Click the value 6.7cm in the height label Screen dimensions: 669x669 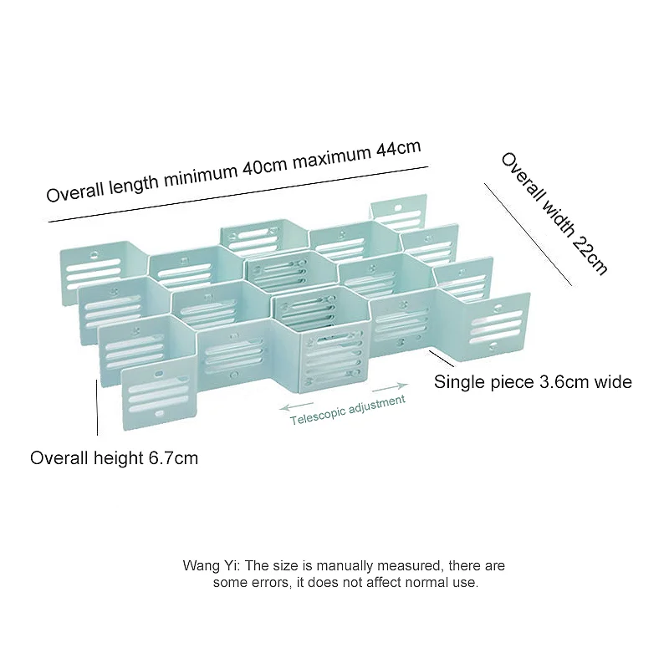[x=173, y=458]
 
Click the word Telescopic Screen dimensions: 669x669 [x=317, y=416]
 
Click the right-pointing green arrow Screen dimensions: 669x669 [x=391, y=387]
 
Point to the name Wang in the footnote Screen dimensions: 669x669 [x=198, y=566]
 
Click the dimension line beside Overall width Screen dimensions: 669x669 [x=529, y=233]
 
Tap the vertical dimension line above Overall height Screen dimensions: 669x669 [x=98, y=406]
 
